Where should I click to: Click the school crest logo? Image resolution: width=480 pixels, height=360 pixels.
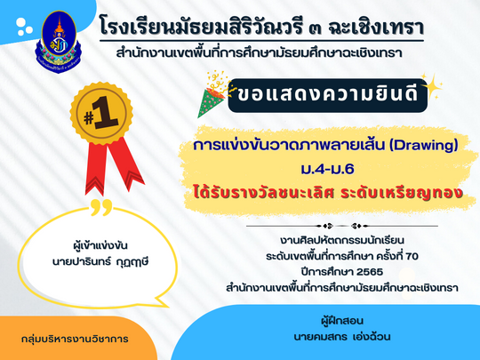(x=59, y=42)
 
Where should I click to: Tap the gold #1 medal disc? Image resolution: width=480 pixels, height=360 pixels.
(x=101, y=114)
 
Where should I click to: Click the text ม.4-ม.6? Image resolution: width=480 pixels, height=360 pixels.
(x=327, y=169)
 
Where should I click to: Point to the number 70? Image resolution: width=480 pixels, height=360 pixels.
(x=412, y=256)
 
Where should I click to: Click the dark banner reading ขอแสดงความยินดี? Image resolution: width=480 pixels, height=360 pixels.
(x=327, y=95)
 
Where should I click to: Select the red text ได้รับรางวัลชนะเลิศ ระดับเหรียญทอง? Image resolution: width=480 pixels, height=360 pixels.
(x=328, y=194)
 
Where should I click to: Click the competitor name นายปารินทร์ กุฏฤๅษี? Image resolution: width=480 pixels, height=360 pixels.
(x=100, y=262)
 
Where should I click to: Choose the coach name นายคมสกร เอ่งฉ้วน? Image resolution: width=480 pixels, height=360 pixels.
(x=342, y=337)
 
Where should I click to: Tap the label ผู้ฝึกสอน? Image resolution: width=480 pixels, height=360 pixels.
(x=342, y=321)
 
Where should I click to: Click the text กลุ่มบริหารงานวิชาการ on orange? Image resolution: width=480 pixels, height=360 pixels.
(x=75, y=339)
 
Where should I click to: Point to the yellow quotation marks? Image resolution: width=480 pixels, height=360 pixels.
(x=101, y=207)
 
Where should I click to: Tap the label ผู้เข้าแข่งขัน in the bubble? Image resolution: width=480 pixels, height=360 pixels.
(x=100, y=246)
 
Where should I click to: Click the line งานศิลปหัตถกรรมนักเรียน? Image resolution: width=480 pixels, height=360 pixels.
(x=342, y=240)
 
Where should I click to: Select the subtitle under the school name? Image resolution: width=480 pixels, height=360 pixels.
(x=259, y=53)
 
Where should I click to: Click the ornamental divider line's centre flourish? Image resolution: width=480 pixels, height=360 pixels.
(x=342, y=227)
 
